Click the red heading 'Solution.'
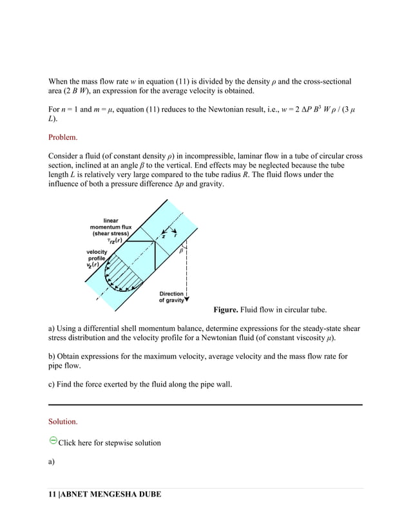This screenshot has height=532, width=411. click(x=63, y=422)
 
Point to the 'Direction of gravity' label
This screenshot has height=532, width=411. click(x=172, y=297)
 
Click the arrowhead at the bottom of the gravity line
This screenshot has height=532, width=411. click(x=187, y=299)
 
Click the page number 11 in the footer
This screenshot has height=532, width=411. click(x=52, y=494)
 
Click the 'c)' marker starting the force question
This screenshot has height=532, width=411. click(x=52, y=385)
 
